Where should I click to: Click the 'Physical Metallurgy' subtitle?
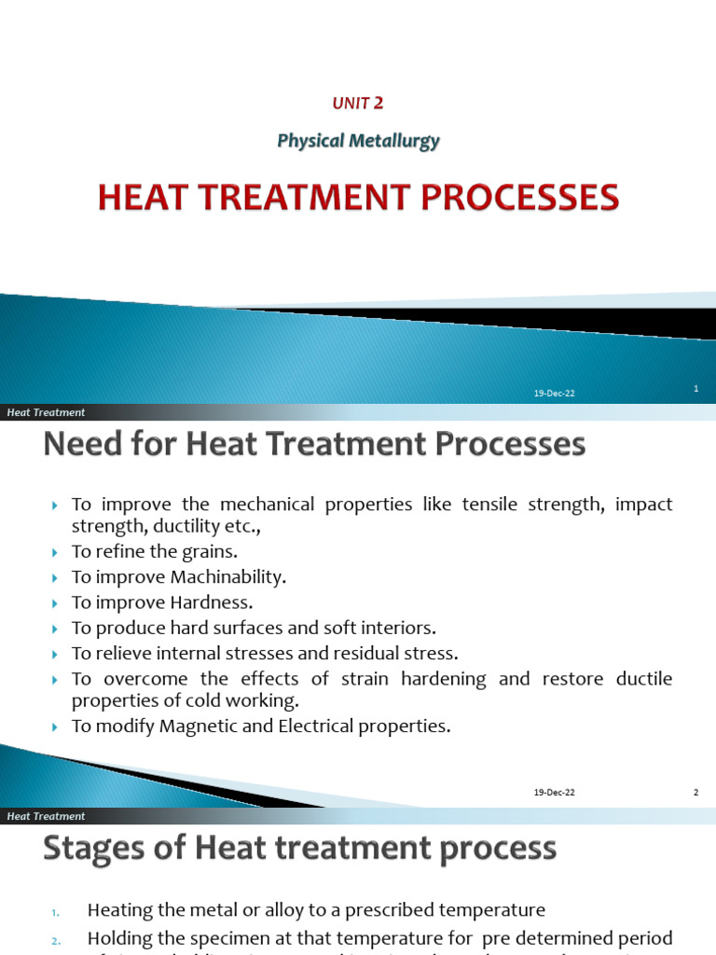[x=358, y=141]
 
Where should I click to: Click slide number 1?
[x=696, y=389]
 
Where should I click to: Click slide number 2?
[x=695, y=792]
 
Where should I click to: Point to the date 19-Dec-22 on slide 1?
[x=554, y=394]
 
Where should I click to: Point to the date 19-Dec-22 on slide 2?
[x=554, y=793]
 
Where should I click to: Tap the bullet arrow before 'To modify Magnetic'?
[x=55, y=727]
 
